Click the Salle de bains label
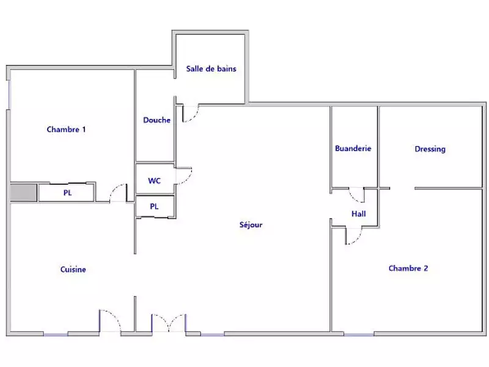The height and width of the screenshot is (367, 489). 211,69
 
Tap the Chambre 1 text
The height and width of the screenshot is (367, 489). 66,130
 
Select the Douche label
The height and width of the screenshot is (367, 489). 156,120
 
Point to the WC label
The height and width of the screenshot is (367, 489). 155,181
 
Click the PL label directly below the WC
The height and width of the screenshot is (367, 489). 154,207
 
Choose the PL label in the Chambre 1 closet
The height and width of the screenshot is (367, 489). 67,193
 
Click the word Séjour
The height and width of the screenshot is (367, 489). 251,225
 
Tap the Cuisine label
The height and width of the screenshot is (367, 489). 73,270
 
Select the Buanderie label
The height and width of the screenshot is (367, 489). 353,149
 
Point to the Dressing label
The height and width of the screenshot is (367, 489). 430,149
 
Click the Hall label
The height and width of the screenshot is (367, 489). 358,214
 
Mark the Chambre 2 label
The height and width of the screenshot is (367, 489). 408,269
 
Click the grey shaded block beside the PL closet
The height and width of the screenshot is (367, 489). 23,192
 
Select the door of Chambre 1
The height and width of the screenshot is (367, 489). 117,194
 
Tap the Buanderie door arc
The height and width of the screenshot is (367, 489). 356,195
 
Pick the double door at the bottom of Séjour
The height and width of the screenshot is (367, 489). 169,323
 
